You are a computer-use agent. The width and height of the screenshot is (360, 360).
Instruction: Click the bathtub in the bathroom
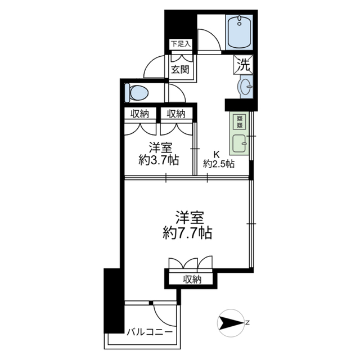(239, 32)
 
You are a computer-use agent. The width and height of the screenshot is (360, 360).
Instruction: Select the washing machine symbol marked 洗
(244, 65)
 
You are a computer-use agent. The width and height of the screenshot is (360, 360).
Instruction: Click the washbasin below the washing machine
(245, 87)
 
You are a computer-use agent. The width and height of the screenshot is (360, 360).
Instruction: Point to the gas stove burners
(240, 122)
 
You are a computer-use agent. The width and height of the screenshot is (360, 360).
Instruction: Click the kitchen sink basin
(240, 143)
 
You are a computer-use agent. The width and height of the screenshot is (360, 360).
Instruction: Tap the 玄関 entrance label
(181, 69)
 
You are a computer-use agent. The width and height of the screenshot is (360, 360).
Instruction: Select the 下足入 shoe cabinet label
(181, 44)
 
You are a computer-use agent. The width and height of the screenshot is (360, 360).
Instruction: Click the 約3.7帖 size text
(159, 160)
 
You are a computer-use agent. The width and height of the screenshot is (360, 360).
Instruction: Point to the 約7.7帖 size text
(187, 233)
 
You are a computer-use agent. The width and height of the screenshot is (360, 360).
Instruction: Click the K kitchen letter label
(217, 154)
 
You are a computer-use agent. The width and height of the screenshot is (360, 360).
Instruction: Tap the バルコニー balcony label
(150, 332)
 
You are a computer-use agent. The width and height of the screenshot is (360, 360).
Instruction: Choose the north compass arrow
(231, 323)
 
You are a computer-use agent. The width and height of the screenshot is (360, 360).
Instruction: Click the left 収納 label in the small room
(140, 114)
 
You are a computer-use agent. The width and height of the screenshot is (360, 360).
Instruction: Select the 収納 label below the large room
(192, 279)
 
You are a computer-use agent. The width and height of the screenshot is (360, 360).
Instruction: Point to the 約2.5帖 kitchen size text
(219, 164)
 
